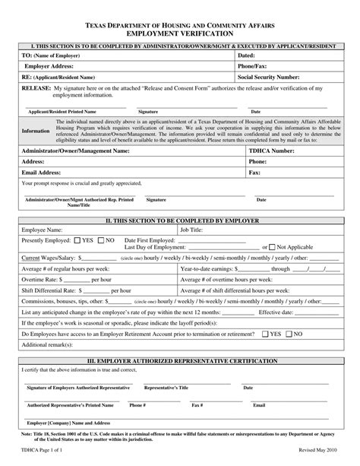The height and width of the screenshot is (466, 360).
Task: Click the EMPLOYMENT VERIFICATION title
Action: click(x=179, y=34)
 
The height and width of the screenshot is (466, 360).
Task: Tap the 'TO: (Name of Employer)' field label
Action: click(x=51, y=56)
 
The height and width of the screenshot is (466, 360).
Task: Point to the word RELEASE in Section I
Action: click(x=36, y=88)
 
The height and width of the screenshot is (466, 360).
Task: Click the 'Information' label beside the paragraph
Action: click(x=36, y=131)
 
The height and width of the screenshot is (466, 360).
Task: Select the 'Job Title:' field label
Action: click(x=191, y=229)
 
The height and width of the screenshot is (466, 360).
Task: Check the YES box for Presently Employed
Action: click(x=76, y=240)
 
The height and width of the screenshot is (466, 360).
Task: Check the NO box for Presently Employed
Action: click(x=100, y=240)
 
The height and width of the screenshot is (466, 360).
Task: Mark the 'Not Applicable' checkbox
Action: click(x=273, y=247)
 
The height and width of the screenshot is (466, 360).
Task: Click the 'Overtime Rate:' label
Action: click(x=43, y=279)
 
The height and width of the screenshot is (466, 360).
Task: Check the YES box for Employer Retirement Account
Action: click(x=265, y=333)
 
